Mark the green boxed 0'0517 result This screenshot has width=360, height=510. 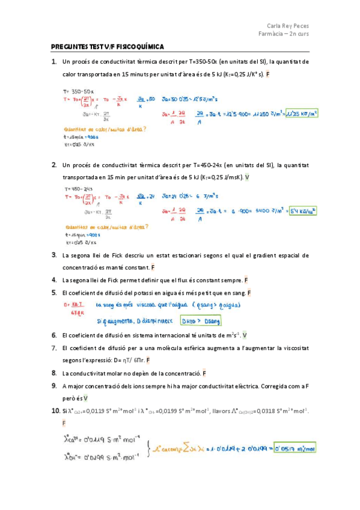294,448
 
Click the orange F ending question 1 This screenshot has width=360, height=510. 267,74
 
